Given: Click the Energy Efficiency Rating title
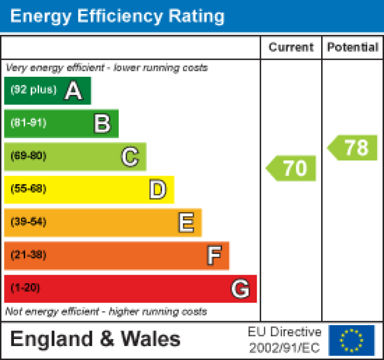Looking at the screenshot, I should [117, 16].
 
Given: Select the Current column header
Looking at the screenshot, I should [291, 47].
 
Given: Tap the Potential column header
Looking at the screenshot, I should [353, 47].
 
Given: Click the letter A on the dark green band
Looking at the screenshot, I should [73, 91].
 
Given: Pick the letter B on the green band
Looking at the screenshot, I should [102, 124].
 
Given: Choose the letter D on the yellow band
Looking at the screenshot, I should [158, 190].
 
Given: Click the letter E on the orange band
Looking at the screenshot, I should [186, 223].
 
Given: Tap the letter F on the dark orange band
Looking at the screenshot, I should [213, 256].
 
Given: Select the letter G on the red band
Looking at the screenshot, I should [240, 289].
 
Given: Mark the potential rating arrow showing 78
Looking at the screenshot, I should [353, 148].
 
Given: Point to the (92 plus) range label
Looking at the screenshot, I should [33, 90].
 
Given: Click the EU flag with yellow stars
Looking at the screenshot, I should [351, 340].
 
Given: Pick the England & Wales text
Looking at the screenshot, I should [95, 340].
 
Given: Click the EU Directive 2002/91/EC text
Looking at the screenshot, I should [285, 340].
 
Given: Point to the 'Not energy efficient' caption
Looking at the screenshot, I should [106, 312].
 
